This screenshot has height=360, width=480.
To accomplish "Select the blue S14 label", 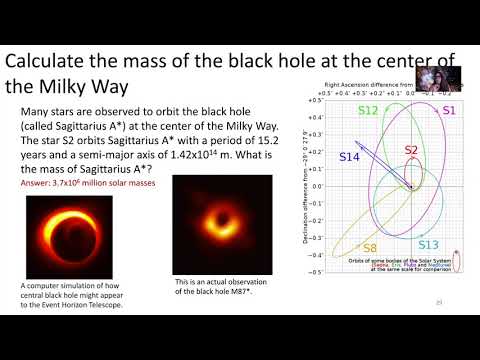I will tap(348, 157).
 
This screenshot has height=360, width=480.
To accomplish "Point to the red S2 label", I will tap(411, 149).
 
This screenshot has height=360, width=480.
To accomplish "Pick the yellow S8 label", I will tap(369, 247).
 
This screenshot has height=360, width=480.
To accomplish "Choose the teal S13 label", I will tap(428, 244).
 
